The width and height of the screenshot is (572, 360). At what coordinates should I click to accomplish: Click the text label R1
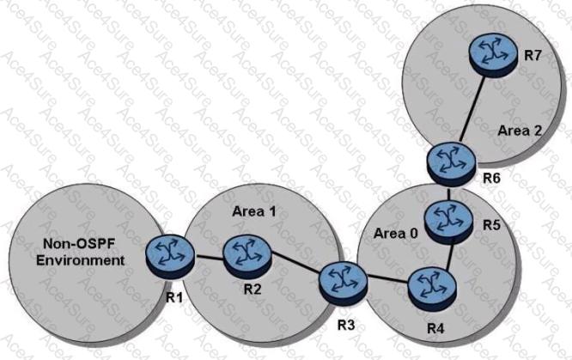tap(175, 297)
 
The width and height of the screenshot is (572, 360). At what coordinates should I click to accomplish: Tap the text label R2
tap(252, 288)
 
